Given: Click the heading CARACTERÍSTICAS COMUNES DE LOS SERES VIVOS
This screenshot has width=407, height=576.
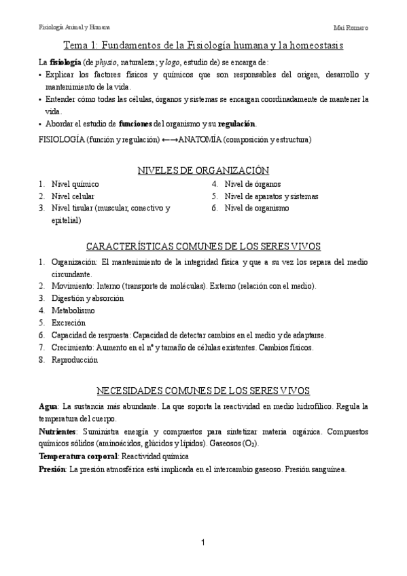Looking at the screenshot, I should pos(203,246).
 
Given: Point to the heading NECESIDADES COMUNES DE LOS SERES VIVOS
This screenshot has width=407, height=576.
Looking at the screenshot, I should pos(203,391).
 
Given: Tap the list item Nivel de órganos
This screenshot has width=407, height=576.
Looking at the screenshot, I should pos(252,184).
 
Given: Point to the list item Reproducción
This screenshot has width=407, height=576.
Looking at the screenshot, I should pos(75,360).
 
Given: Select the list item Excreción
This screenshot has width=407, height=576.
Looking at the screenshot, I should pos(69,323).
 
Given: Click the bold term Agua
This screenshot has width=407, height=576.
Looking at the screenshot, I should pos(48,406).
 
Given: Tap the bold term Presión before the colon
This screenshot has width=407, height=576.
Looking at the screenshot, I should pos(52,469).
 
